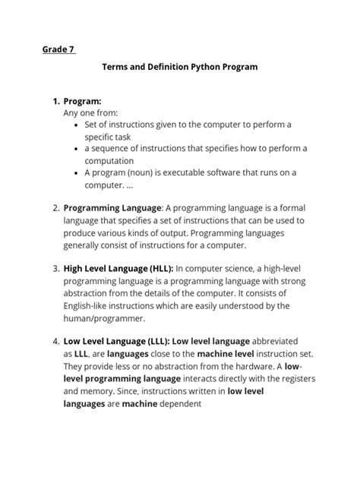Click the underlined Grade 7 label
click(x=58, y=50)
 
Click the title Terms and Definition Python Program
click(x=180, y=67)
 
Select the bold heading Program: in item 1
click(x=88, y=100)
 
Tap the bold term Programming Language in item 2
click(x=112, y=207)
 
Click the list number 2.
click(x=55, y=207)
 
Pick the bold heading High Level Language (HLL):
click(x=118, y=268)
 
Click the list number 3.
click(x=55, y=268)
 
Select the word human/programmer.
click(x=104, y=318)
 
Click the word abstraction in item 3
click(x=90, y=293)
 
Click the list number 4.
click(x=55, y=341)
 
